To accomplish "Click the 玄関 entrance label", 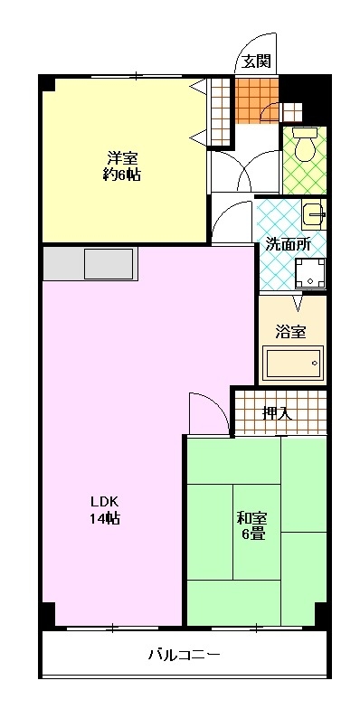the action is tap(258, 61).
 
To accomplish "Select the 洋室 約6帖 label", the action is tap(121, 166).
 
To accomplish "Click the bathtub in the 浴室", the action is tap(295, 362).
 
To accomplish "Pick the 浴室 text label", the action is tap(291, 332).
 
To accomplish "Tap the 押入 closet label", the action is tap(278, 412).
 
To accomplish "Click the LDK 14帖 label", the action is tap(105, 510).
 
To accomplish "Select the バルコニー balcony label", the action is tap(185, 655).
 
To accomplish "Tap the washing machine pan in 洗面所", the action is tap(309, 273).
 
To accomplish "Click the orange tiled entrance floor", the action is tap(257, 99).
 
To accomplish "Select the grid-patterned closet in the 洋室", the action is tap(221, 112).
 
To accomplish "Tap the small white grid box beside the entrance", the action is tap(291, 112).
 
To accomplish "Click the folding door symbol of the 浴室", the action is tap(298, 302).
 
